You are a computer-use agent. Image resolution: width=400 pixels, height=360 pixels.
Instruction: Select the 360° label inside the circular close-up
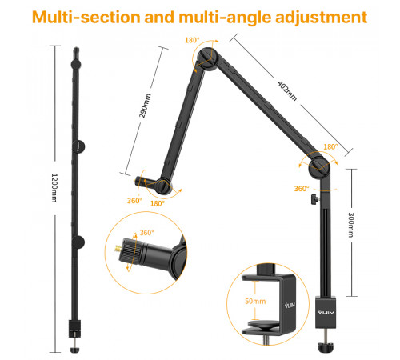pyautogui.click(x=146, y=234)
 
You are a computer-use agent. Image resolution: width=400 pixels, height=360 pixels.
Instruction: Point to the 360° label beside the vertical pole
pyautogui.click(x=301, y=189)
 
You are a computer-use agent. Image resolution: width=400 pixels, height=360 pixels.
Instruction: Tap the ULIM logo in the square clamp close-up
pyautogui.click(x=292, y=305)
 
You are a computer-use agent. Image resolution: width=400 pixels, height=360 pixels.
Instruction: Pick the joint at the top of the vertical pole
pyautogui.click(x=319, y=168)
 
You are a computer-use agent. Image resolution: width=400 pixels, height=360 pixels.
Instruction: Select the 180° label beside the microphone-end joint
pyautogui.click(x=157, y=204)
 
